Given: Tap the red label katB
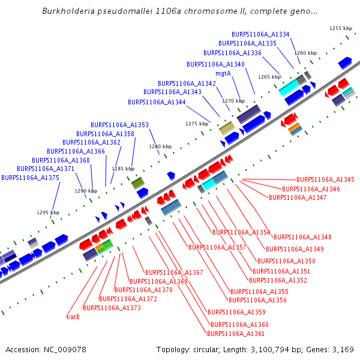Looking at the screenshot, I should [x=73, y=316].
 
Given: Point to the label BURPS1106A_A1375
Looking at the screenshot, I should [x=30, y=178].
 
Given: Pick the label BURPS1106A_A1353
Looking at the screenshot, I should [x=119, y=125].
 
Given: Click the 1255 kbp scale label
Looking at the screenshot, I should [x=340, y=28].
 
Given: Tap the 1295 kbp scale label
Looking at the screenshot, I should [x=48, y=212].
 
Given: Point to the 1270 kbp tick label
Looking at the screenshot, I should [x=233, y=101].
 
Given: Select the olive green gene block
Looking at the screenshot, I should [x=137, y=183].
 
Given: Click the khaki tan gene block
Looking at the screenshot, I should [x=226, y=128].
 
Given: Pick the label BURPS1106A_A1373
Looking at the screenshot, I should [x=112, y=308].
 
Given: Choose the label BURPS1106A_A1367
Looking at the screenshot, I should [x=174, y=272].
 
